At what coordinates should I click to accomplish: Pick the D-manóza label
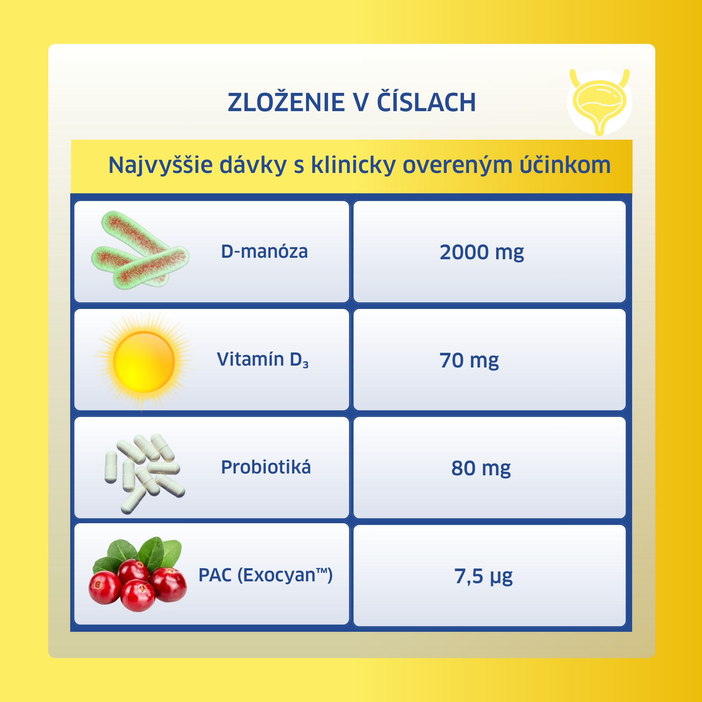tap(264, 252)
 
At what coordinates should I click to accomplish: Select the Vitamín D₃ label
tap(263, 360)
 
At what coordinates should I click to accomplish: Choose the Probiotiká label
tap(266, 467)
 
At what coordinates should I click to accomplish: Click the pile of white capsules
tap(144, 473)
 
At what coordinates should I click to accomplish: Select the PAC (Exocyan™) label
tap(265, 575)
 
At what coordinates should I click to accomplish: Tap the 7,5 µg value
tap(483, 577)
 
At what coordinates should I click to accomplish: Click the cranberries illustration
tap(138, 574)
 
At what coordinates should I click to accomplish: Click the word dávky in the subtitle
tap(253, 165)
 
